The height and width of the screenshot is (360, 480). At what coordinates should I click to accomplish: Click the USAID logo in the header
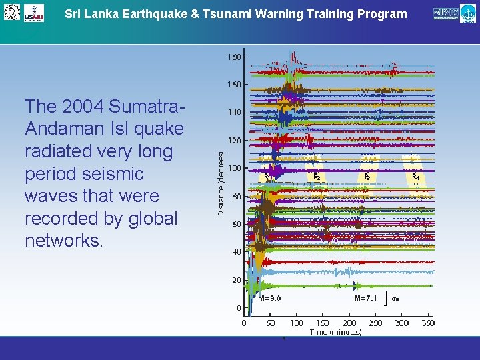33,13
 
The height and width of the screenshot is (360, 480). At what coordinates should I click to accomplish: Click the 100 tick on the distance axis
234,169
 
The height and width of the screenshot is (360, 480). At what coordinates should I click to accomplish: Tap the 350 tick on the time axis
427,323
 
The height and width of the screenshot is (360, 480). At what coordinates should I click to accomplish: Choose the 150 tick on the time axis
323,323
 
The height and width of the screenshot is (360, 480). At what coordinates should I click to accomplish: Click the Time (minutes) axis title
335,331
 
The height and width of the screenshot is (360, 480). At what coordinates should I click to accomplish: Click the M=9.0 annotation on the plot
270,298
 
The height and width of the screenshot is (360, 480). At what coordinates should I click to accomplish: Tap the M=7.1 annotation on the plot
366,298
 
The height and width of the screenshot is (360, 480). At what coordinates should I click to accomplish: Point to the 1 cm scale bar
393,298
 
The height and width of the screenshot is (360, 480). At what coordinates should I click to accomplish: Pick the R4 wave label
415,177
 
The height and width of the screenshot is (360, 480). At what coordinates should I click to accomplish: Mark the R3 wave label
367,177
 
